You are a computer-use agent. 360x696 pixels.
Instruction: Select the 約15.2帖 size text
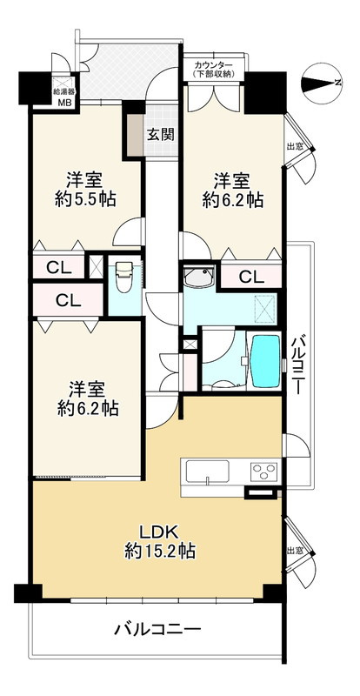coord(159,552)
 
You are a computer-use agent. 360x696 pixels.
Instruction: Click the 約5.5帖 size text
coord(86,200)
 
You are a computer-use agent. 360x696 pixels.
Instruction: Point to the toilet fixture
coord(124,276)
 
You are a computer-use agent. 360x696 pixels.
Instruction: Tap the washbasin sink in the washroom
coord(199,278)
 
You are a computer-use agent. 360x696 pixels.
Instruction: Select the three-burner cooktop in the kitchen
coord(263,472)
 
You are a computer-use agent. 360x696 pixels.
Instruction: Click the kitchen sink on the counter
coord(207,472)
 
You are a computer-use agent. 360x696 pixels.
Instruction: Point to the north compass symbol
coord(322,83)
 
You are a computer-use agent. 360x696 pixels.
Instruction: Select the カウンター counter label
coord(214,65)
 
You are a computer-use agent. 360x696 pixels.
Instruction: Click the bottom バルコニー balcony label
coord(158,629)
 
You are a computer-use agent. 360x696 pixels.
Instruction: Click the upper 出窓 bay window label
coord(295,146)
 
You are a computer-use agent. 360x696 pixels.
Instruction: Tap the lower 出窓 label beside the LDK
coord(295,551)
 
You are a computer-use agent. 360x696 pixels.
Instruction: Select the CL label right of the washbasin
coord(251,278)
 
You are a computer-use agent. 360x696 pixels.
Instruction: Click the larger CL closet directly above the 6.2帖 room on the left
coord(69,300)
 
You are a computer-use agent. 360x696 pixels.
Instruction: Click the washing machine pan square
coord(265,308)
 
